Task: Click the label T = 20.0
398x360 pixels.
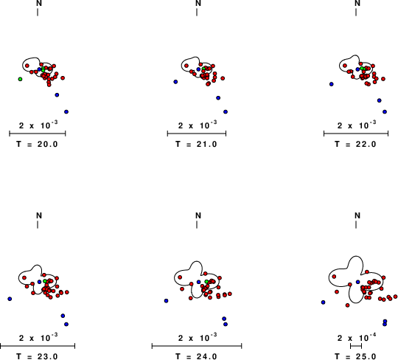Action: point(37,145)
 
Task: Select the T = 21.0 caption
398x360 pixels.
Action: point(196,145)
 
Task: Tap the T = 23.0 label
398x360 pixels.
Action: point(37,356)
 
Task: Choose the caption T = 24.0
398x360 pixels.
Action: point(196,356)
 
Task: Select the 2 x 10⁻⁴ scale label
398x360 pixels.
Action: point(357,337)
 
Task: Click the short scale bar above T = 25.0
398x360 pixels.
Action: point(356,346)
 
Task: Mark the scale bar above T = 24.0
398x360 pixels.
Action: point(197,346)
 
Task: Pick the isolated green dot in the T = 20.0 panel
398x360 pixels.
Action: point(20,79)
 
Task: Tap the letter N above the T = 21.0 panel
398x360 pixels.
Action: point(198,3)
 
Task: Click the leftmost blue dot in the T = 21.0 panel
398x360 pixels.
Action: point(175,82)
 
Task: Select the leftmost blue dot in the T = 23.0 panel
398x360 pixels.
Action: point(10,299)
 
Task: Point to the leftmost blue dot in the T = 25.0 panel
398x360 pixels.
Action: point(323,302)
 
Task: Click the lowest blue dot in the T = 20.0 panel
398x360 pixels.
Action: point(66,112)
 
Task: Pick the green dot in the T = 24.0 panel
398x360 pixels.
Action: point(207,282)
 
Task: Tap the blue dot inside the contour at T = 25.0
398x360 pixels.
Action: point(358,282)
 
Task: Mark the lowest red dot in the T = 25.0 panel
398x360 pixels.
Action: point(347,305)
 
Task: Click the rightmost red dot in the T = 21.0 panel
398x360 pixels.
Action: point(223,78)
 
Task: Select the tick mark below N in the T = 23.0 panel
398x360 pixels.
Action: point(38,224)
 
